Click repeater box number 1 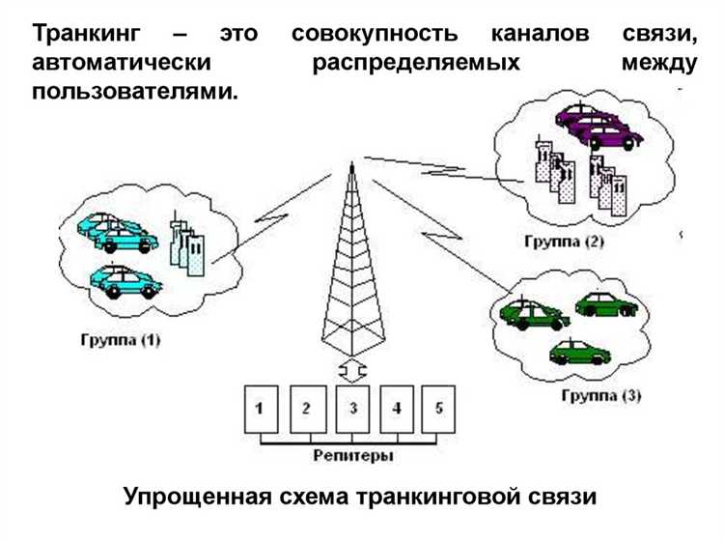[x=260, y=408]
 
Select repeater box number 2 [x=306, y=408]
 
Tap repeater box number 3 [x=352, y=408]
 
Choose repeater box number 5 [x=439, y=408]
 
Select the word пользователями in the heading [x=134, y=94]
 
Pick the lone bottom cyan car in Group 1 [x=123, y=282]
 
